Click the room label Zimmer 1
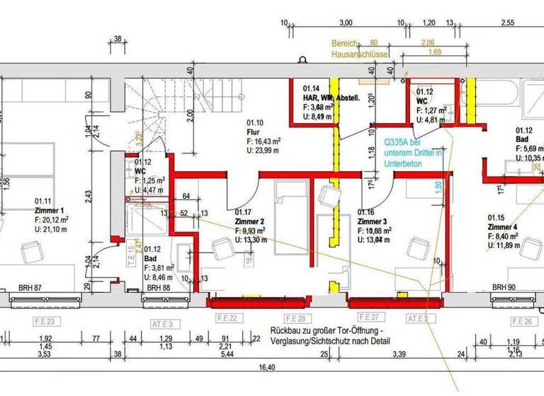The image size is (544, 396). [x=49, y=210]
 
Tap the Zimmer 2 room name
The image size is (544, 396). [x=250, y=221]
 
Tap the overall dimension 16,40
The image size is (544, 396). [x=266, y=368]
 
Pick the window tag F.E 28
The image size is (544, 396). [x=293, y=319]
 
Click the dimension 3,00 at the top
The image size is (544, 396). [x=346, y=23]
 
